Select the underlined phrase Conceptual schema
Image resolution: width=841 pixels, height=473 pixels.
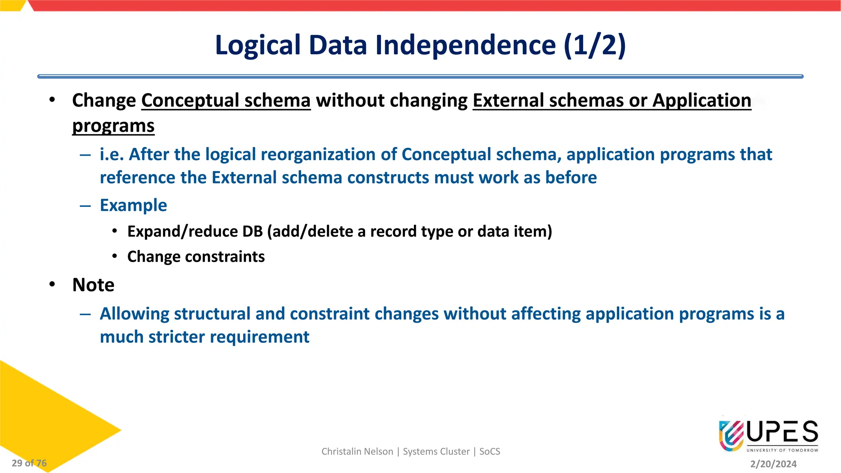tap(226, 101)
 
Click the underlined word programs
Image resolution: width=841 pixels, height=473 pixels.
tap(113, 126)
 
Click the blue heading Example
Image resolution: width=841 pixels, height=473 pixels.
tap(133, 205)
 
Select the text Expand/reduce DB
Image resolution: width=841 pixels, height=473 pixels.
tap(195, 232)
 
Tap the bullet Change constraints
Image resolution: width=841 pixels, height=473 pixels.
tap(196, 257)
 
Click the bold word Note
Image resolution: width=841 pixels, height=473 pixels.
tap(93, 285)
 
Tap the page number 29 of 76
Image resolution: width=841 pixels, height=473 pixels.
tap(29, 463)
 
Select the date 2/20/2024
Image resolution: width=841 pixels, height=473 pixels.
tap(773, 464)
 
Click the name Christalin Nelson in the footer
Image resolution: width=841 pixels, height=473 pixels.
tap(357, 452)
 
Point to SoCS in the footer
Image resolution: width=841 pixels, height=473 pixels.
tap(489, 452)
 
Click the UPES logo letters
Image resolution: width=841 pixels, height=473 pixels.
tap(782, 432)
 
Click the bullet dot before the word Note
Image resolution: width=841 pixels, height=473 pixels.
tap(52, 285)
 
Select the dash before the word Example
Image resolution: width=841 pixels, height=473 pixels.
tap(85, 205)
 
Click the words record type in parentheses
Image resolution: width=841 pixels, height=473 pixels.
tap(411, 232)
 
